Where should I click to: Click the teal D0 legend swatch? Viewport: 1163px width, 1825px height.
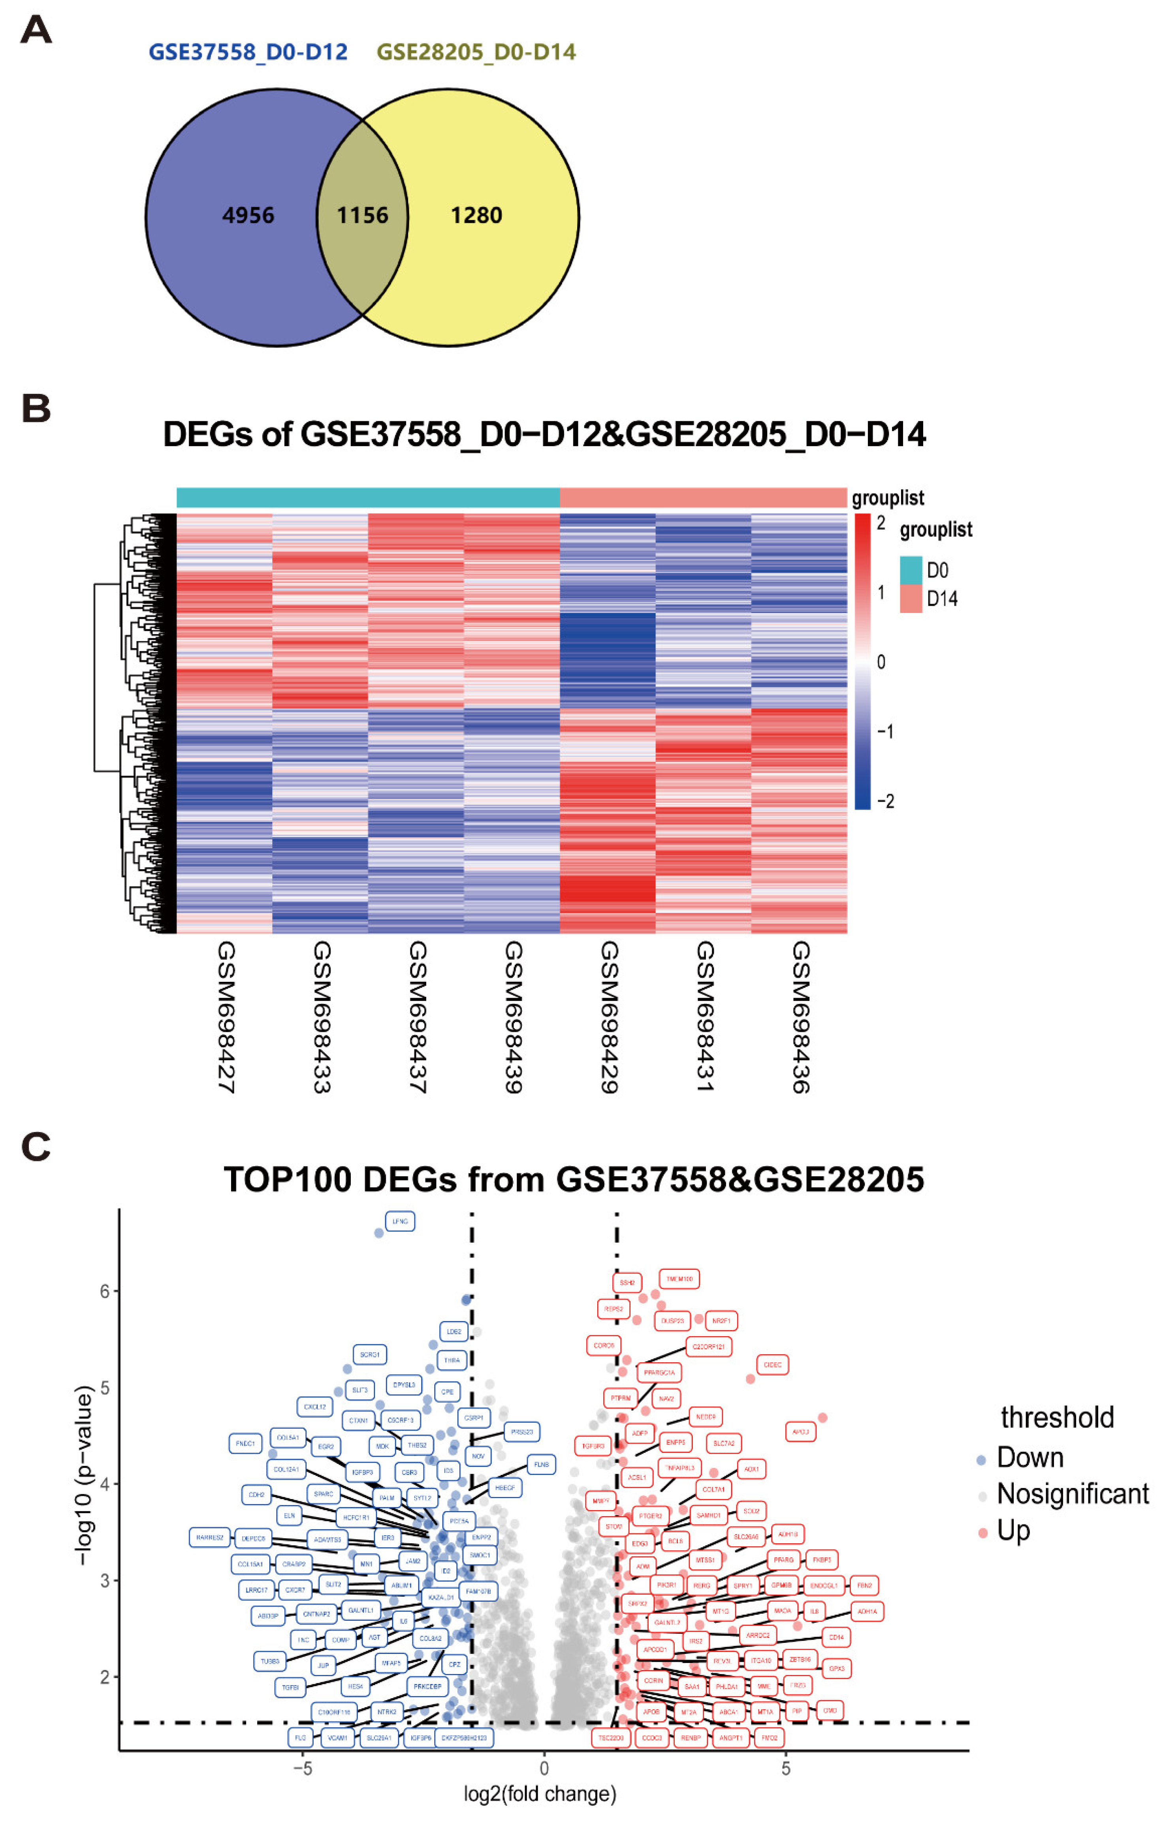(911, 570)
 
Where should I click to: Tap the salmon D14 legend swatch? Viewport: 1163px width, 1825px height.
(911, 599)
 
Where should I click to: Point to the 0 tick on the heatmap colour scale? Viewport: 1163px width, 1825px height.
(881, 662)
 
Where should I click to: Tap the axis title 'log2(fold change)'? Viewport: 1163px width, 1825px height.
(540, 1794)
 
